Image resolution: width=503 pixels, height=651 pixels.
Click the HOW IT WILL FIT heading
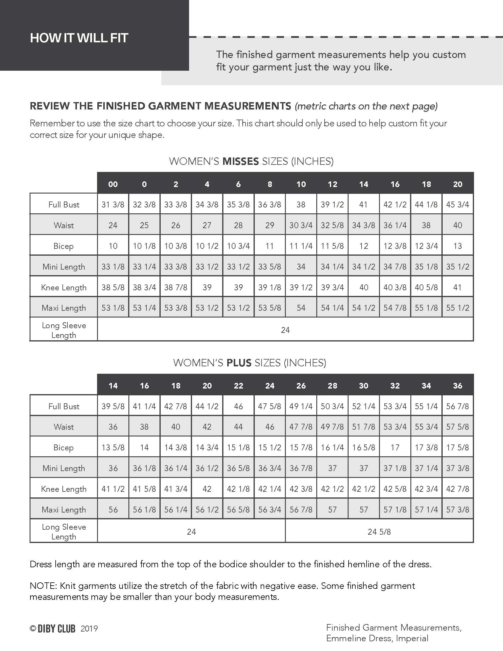(79, 38)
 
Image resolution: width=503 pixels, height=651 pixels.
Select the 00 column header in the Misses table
(113, 184)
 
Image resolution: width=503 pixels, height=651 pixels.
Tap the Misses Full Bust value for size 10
(301, 204)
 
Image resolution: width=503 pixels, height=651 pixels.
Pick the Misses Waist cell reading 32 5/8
(332, 225)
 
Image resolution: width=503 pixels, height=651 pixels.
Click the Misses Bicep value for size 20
(457, 246)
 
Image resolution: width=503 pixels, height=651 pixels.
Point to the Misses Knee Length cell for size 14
(364, 287)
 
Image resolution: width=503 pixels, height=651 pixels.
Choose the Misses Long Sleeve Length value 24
(285, 330)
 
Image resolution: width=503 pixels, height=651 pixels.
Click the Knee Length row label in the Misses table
(64, 287)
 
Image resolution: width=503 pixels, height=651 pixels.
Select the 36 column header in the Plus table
(457, 386)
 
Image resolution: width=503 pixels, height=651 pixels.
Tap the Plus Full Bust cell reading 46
(238, 406)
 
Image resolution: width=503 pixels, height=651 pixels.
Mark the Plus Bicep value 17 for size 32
(395, 447)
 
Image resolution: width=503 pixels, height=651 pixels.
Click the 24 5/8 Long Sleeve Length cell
(379, 532)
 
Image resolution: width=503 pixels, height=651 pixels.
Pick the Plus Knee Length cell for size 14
(113, 489)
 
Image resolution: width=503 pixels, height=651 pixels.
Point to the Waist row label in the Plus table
(64, 427)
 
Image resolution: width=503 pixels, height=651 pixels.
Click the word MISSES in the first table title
(241, 161)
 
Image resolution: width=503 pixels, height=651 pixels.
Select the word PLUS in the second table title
(239, 363)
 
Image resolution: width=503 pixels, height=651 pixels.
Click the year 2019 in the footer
(89, 629)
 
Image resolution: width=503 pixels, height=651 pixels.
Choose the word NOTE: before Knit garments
(43, 586)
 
